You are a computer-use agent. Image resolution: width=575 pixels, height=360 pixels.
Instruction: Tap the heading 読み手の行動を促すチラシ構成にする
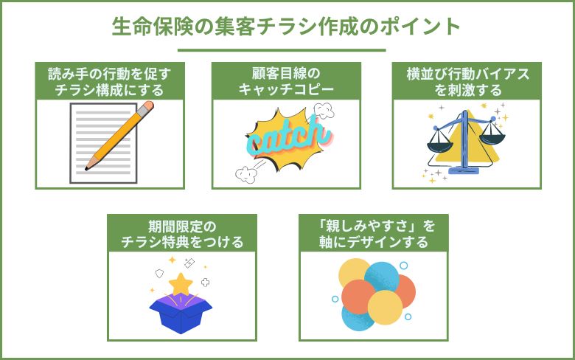pos(110,81)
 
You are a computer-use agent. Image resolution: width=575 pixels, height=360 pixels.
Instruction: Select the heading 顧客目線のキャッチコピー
pos(286,81)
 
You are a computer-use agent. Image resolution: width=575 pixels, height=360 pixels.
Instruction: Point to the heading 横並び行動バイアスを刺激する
pos(465,81)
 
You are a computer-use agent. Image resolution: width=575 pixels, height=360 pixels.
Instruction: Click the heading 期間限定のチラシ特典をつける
pos(182,232)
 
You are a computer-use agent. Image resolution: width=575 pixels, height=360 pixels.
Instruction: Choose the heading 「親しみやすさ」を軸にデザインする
pos(374,232)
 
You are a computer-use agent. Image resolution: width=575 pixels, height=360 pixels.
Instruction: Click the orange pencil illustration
pos(122,136)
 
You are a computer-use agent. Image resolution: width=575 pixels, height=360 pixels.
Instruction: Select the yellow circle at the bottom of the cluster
pos(385,307)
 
